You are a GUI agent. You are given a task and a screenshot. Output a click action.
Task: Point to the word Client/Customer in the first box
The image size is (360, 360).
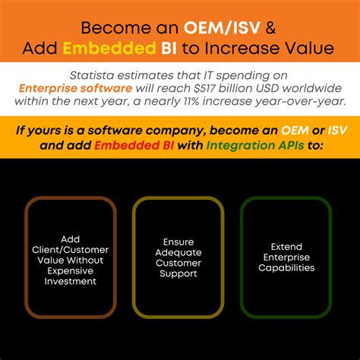click(x=70, y=248)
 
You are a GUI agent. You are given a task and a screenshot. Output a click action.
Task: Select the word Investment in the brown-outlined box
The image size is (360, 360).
click(x=70, y=280)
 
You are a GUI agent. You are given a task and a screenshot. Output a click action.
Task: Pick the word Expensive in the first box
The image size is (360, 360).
click(x=70, y=270)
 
